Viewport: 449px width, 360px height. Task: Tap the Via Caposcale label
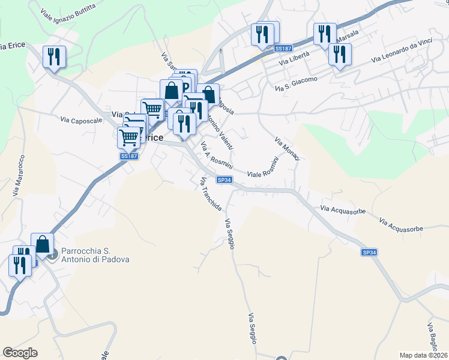pyautogui.click(x=81, y=120)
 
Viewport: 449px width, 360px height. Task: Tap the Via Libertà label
pyautogui.click(x=294, y=58)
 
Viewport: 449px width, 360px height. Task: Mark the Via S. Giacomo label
pyautogui.click(x=296, y=83)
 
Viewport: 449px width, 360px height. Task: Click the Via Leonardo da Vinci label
pyautogui.click(x=402, y=52)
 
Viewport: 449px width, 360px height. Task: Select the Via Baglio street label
pyautogui.click(x=433, y=339)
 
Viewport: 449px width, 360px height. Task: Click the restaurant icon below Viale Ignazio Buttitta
pyautogui.click(x=55, y=57)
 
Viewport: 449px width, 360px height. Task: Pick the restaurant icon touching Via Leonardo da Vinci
pyautogui.click(x=340, y=54)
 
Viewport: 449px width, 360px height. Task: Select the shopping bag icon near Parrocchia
pyautogui.click(x=43, y=244)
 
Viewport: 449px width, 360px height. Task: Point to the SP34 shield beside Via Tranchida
pyautogui.click(x=224, y=180)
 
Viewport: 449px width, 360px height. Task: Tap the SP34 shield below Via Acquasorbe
pyautogui.click(x=370, y=253)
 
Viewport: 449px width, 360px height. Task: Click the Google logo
pyautogui.click(x=20, y=353)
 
